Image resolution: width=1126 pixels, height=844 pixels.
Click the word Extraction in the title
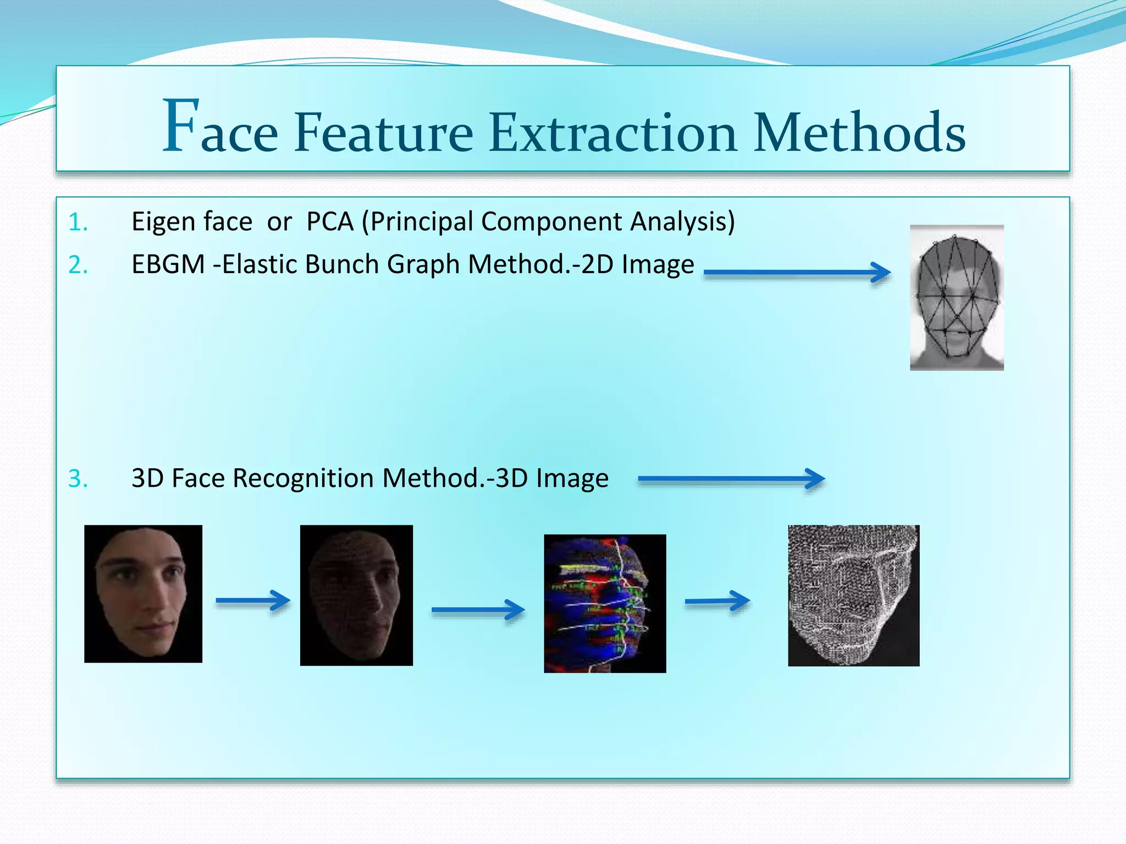pyautogui.click(x=612, y=133)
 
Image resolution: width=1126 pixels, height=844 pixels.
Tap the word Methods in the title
pyautogui.click(x=859, y=133)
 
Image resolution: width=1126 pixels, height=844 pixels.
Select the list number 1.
pyautogui.click(x=78, y=223)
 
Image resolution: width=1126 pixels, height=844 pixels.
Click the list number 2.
pyautogui.click(x=78, y=265)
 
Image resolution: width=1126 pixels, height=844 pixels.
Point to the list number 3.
pyautogui.click(x=78, y=479)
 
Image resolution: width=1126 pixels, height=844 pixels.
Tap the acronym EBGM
pyautogui.click(x=168, y=264)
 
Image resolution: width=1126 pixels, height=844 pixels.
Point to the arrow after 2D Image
pyautogui.click(x=797, y=272)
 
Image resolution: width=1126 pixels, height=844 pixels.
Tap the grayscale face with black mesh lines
pyautogui.click(x=957, y=297)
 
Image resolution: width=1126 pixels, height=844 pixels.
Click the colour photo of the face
pyautogui.click(x=143, y=593)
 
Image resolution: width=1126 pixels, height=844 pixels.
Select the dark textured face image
pyautogui.click(x=356, y=595)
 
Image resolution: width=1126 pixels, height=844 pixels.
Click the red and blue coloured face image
pyautogui.click(x=605, y=603)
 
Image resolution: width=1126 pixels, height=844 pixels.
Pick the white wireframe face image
pyautogui.click(x=853, y=596)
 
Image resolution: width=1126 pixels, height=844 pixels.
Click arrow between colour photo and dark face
pyautogui.click(x=253, y=601)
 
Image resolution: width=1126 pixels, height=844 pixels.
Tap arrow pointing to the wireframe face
pyautogui.click(x=717, y=601)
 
